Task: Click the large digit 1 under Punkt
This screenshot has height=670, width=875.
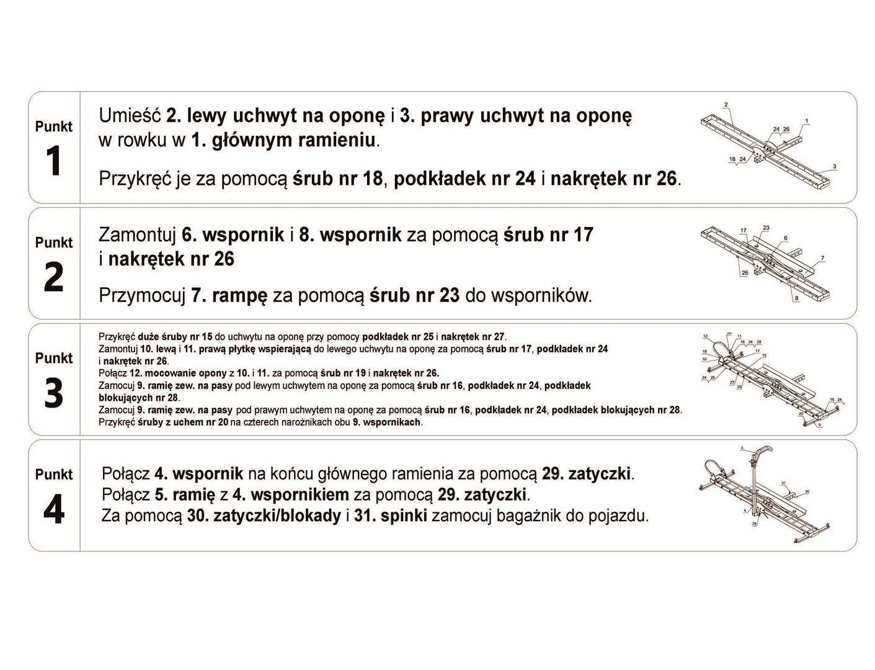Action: [54, 161]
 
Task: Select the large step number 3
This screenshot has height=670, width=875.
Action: [54, 393]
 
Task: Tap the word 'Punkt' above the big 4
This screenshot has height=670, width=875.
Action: [54, 475]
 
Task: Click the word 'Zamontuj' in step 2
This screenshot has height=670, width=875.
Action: [137, 235]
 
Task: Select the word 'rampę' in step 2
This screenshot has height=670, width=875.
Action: [239, 295]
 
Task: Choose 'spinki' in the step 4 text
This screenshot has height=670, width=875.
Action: [403, 516]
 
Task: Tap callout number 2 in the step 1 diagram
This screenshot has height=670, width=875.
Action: [726, 105]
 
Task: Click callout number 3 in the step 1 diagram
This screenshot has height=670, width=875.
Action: [835, 166]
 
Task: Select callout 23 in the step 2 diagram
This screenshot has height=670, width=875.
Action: [766, 228]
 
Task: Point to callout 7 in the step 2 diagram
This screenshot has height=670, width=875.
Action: [822, 258]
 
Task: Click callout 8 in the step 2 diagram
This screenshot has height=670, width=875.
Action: [797, 298]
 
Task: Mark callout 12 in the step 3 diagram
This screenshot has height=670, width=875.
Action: [704, 336]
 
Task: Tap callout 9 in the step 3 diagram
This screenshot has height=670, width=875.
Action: [819, 426]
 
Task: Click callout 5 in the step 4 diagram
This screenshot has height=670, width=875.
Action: [741, 447]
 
